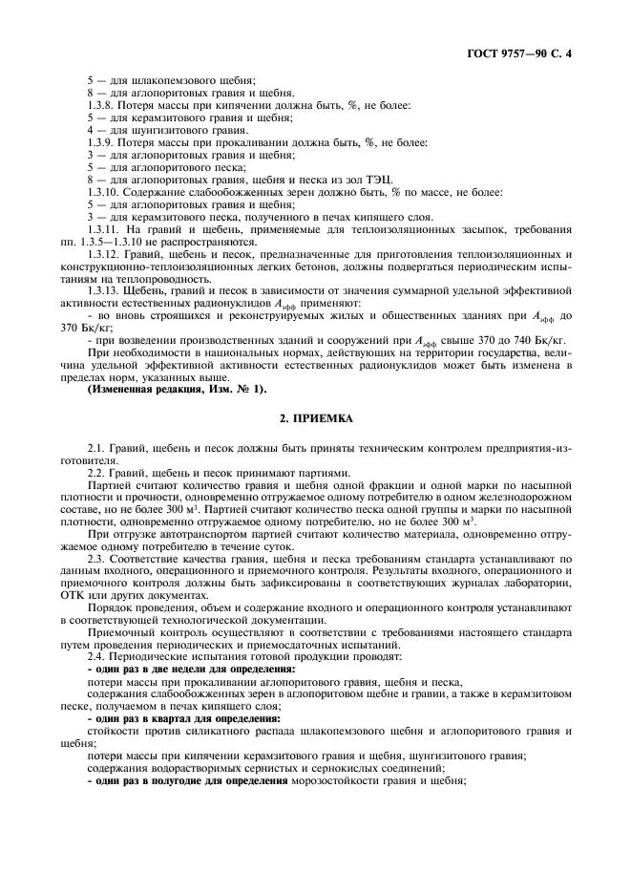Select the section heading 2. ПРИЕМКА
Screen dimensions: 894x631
pos(315,418)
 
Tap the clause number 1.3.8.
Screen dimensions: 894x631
pos(102,105)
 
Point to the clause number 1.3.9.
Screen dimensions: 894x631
pos(102,142)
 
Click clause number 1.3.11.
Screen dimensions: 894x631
pos(104,229)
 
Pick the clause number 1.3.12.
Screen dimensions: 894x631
pos(104,254)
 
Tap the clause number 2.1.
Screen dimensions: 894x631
pos(95,449)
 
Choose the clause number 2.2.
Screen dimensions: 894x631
pos(95,473)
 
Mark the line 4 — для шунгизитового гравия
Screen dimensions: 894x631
pos(154,130)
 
